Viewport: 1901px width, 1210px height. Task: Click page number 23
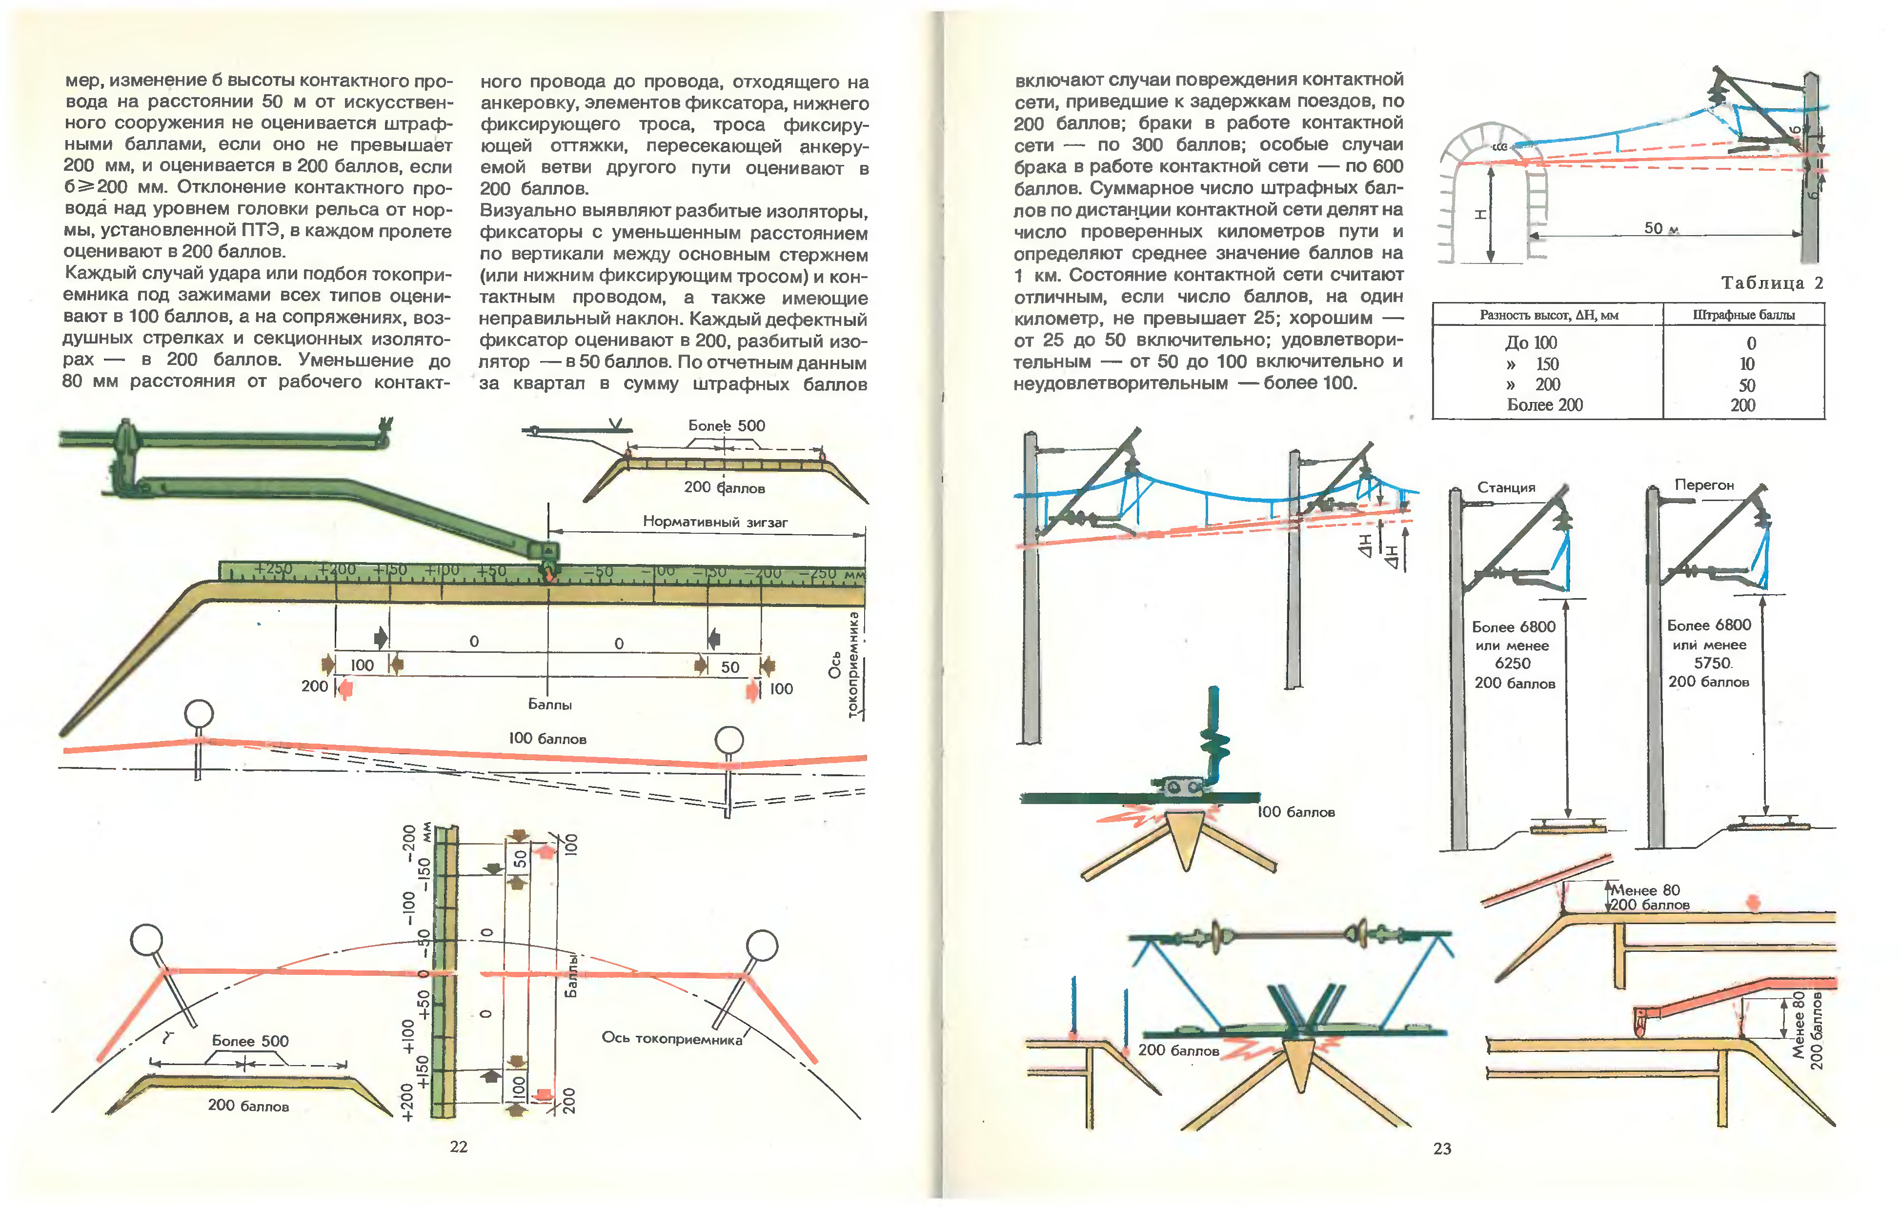point(1442,1149)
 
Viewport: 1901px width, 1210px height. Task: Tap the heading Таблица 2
point(1772,282)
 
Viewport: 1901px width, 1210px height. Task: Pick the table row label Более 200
point(1545,405)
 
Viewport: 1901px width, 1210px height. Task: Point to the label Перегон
point(1704,484)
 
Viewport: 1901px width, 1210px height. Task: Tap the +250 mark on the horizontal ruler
point(273,569)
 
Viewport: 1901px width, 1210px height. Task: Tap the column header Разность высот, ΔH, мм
point(1549,315)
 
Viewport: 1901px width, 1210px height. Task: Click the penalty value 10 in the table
point(1747,364)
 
